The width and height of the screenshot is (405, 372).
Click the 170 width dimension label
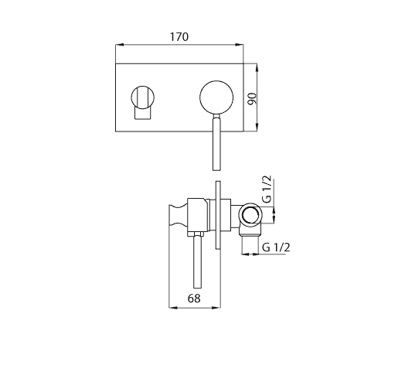point(179,36)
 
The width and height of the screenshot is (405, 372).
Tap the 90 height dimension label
point(252,98)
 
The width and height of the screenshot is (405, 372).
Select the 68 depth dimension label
point(194,299)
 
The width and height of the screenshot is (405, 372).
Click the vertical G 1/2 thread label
point(267,189)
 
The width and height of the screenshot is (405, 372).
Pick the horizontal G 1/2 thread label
point(276,247)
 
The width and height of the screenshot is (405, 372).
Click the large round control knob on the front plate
point(216,97)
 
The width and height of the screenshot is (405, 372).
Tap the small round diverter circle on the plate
point(143,97)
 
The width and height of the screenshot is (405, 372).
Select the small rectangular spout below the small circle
point(142,114)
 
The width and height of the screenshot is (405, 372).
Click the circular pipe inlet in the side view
point(250,215)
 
